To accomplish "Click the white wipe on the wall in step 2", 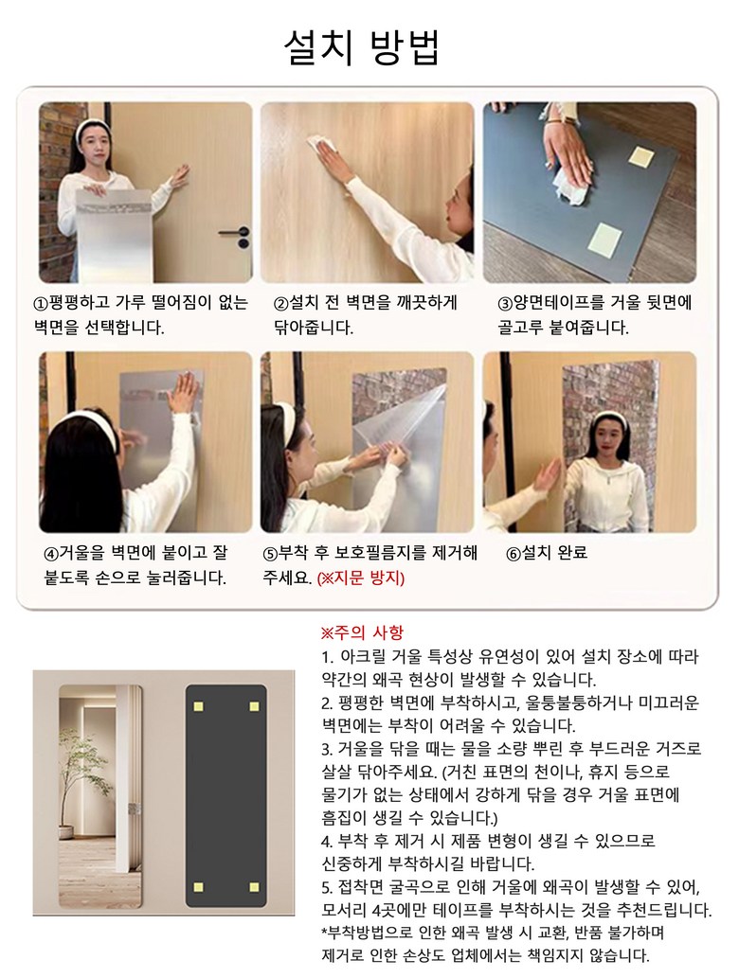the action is pyautogui.click(x=323, y=143).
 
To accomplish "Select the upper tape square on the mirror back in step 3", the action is pyautogui.click(x=641, y=156).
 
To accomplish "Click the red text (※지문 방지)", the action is pyautogui.click(x=361, y=578).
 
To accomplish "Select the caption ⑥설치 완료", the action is pyautogui.click(x=546, y=553).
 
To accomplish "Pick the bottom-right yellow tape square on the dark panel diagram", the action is pyautogui.click(x=254, y=887).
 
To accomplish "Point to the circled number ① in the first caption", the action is pyautogui.click(x=40, y=304).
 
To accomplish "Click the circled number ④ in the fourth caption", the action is pyautogui.click(x=51, y=554).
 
